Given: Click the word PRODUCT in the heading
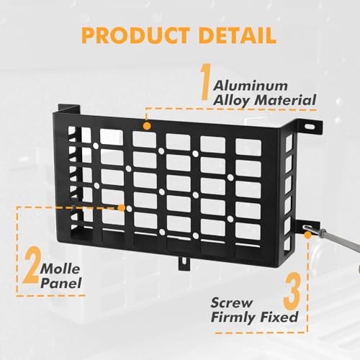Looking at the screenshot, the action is tap(135, 35).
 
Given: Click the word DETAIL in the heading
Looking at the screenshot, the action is tap(238, 35).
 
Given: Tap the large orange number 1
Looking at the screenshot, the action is tap(205, 81).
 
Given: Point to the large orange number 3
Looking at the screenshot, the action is tap(292, 291).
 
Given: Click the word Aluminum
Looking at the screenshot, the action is tap(251, 86).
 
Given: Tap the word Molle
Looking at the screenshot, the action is tap(60, 269).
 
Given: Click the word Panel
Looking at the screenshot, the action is tap(61, 283).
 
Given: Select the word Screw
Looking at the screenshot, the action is tap(232, 302).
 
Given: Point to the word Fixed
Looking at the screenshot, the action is tap(279, 317).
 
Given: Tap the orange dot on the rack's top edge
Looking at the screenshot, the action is tap(147, 126).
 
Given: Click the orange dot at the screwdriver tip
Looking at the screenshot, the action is tap(307, 235).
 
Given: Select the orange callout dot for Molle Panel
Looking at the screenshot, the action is tap(122, 208).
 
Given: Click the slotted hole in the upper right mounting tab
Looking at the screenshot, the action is tap(310, 126).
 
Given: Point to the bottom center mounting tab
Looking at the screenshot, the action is tap(184, 263).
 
